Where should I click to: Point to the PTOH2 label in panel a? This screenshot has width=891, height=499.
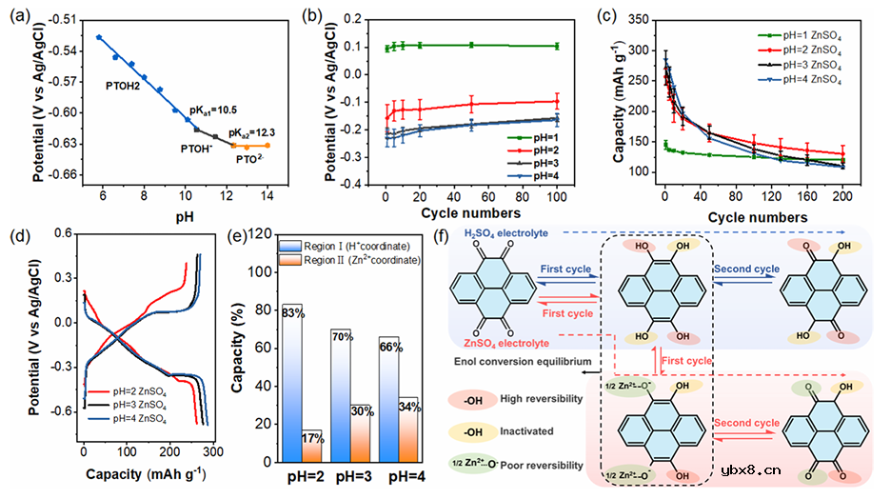click(x=123, y=85)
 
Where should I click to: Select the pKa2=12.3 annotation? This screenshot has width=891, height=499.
click(x=251, y=131)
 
